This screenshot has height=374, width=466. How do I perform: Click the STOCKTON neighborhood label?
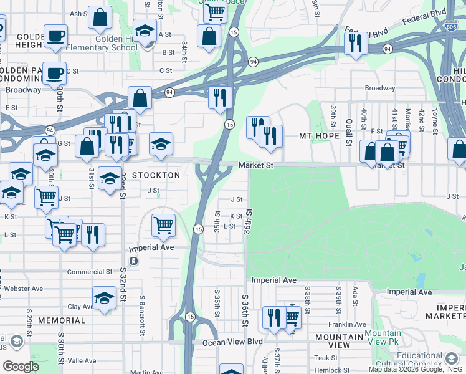tap(155, 175)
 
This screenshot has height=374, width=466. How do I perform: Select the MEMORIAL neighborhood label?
tap(61, 320)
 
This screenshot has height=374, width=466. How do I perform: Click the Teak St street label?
tap(325, 358)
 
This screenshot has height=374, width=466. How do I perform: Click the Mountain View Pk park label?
tap(383, 338)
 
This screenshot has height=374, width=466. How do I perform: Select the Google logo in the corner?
tap(21, 366)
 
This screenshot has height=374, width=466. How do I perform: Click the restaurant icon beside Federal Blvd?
tap(356, 43)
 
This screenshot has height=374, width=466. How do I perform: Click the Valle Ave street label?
tap(82, 360)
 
